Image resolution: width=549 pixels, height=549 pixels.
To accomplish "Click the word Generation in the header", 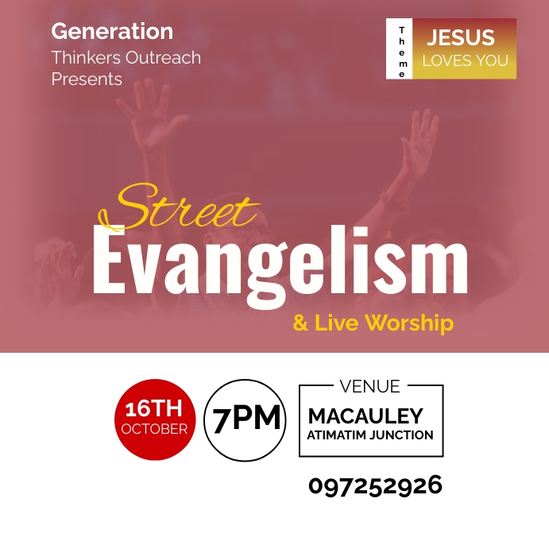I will [x=112, y=32].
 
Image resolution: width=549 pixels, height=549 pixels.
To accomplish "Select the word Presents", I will [x=87, y=79].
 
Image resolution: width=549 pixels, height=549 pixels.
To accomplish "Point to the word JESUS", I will [x=461, y=37].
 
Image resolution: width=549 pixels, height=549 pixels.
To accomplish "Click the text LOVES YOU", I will [x=466, y=60].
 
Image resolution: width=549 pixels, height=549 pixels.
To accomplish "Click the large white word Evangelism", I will [x=280, y=261].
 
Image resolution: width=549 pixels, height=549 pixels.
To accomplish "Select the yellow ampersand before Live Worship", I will [x=300, y=323].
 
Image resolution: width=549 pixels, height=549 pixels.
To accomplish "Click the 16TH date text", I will [x=153, y=409].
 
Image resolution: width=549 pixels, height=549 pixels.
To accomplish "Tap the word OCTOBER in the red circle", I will [x=154, y=429].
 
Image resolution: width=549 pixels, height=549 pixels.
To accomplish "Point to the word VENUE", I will [x=369, y=387].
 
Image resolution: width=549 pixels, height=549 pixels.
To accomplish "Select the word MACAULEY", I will [x=365, y=416].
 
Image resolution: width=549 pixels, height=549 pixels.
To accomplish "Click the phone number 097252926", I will [x=375, y=485].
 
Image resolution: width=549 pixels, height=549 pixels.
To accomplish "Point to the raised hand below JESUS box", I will [x=419, y=143].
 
